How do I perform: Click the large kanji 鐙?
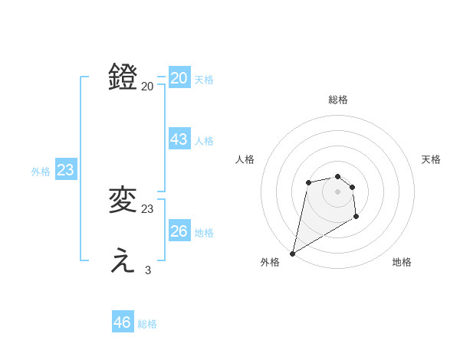click(x=123, y=77)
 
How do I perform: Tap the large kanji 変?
click(x=123, y=200)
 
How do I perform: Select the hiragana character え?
click(x=123, y=261)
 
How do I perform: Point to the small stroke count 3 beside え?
click(x=148, y=270)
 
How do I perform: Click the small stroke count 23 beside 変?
click(x=148, y=208)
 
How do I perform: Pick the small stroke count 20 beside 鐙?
click(x=148, y=86)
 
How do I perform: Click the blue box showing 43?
click(x=179, y=139)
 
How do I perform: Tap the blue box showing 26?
click(x=179, y=231)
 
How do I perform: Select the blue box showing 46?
click(x=123, y=322)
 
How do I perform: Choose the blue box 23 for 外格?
click(x=65, y=170)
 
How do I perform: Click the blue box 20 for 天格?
click(x=179, y=78)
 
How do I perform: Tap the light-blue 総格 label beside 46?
click(x=147, y=324)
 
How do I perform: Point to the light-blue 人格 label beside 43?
click(x=204, y=141)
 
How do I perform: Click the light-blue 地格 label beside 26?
click(x=204, y=233)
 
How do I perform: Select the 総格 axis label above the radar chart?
click(x=338, y=100)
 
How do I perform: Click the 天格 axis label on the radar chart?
click(x=431, y=159)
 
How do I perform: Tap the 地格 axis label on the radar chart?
click(x=402, y=262)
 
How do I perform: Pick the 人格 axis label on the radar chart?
click(x=245, y=159)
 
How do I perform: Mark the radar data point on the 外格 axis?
click(x=292, y=253)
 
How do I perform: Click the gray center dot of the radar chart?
click(x=337, y=191)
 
